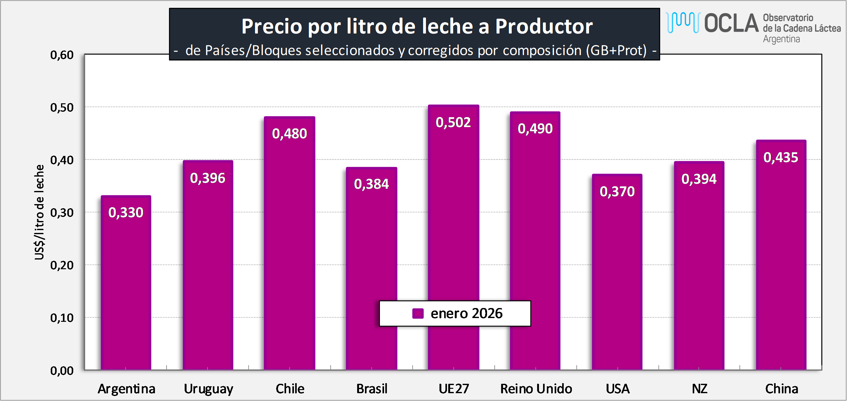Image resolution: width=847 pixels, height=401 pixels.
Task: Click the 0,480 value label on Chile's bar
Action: pos(289,134)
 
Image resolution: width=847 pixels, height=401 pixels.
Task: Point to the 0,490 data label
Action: pos(535,129)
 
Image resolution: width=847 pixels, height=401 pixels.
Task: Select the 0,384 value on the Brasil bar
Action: pos(371,184)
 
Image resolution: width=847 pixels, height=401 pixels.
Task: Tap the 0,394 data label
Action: pos(699,179)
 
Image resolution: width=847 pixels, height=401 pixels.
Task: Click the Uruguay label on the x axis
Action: pos(208,389)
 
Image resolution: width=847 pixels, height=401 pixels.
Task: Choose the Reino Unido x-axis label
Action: pos(536,389)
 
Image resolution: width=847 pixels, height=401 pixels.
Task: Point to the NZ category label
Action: pos(699,389)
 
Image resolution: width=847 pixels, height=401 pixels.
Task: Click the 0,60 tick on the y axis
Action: pos(62,54)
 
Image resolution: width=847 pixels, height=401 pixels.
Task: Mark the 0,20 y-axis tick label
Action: pos(62,265)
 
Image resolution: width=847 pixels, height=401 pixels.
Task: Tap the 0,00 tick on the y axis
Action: pos(62,371)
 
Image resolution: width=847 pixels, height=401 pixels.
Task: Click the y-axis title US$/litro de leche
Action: pos(39,212)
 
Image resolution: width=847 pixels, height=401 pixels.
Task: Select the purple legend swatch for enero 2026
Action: pos(418,313)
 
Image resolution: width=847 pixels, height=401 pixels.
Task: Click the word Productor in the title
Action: pos(544,26)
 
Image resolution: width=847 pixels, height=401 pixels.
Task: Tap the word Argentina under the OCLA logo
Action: pos(781,39)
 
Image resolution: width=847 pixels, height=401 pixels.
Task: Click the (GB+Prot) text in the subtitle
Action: pos(616,50)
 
